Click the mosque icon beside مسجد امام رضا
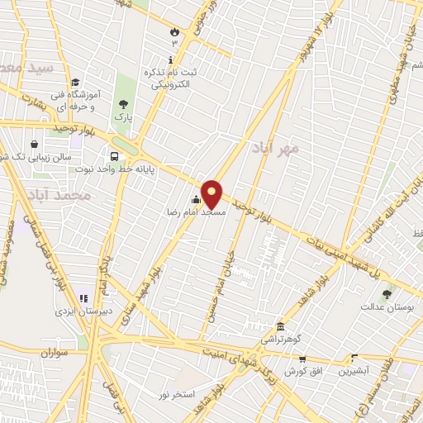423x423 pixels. pyautogui.click(x=196, y=199)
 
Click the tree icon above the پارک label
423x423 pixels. pyautogui.click(x=123, y=104)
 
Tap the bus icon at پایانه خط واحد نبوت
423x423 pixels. pyautogui.click(x=112, y=154)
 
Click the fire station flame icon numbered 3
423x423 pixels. pyautogui.click(x=174, y=32)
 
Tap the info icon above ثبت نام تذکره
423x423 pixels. pyautogui.click(x=170, y=59)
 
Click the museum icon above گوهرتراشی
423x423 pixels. pyautogui.click(x=281, y=326)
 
